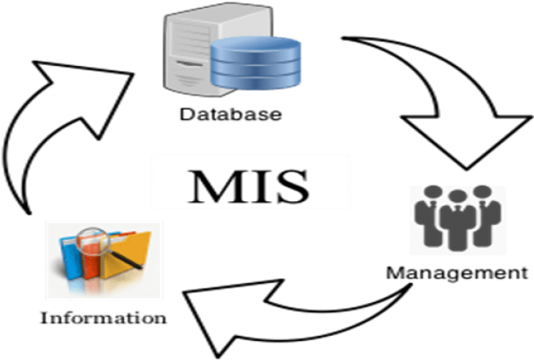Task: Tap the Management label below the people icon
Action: pyautogui.click(x=455, y=275)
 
